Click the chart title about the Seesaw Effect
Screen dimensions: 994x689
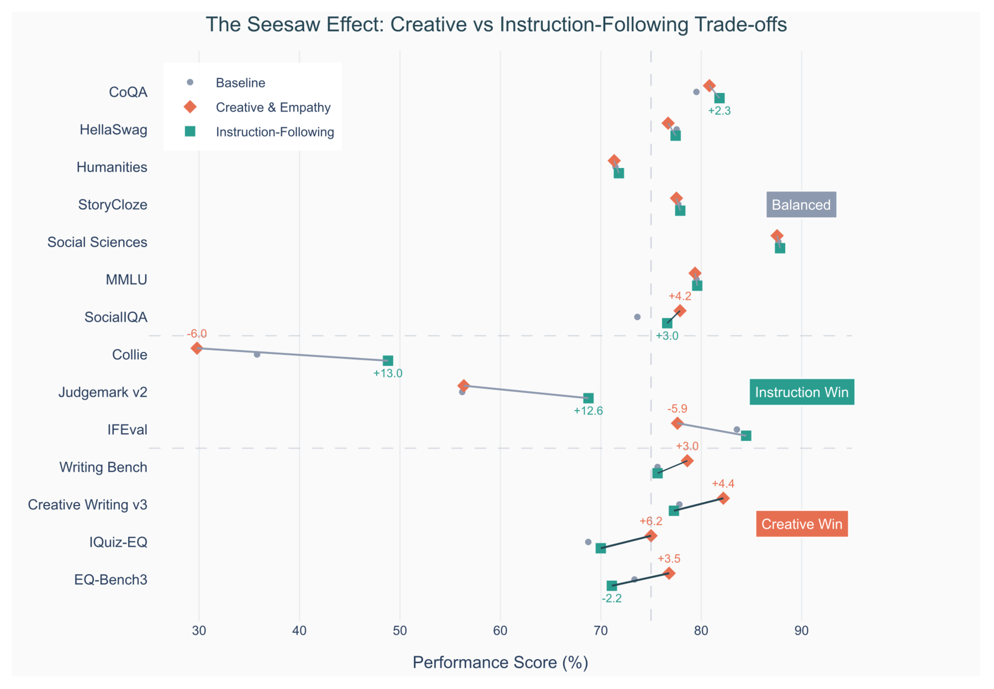pos(496,25)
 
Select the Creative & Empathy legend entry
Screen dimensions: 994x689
pos(260,107)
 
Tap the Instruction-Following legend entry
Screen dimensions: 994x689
pos(260,132)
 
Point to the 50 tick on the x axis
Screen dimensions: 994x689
pos(400,630)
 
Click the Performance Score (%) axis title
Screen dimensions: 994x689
pos(500,662)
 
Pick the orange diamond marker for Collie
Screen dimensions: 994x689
pos(197,348)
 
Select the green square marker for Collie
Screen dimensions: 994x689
pos(388,361)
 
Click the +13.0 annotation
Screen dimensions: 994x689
pos(388,374)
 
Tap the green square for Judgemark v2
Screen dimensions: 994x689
pos(589,398)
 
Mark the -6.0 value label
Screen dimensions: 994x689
pos(197,334)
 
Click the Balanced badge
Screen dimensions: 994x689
pos(801,205)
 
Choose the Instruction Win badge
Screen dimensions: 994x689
pos(802,392)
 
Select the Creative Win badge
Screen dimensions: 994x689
pos(802,524)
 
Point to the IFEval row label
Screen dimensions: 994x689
pos(128,430)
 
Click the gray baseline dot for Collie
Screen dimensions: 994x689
pos(257,354)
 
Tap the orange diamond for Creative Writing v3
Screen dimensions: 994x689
pos(723,498)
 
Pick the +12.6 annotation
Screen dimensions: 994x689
pos(589,411)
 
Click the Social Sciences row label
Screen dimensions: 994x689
pos(97,243)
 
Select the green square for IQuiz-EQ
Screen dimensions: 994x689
pos(601,548)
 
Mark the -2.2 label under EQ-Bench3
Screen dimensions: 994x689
pos(612,598)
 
